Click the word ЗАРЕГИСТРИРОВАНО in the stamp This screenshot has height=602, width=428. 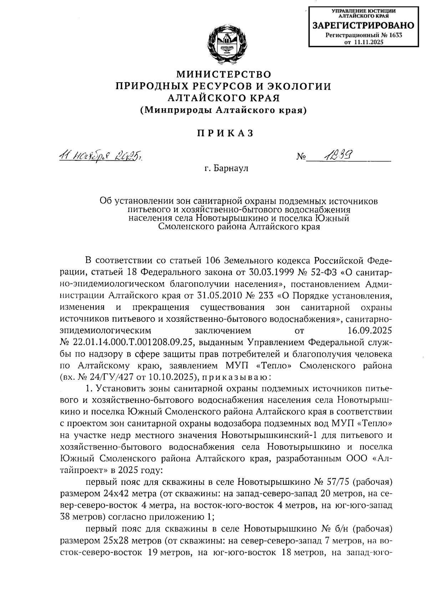(363, 26)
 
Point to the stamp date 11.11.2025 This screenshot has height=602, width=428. (368, 42)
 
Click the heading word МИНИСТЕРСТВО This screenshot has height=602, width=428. (224, 74)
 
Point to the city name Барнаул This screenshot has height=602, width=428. (231, 168)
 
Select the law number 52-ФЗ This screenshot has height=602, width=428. (319, 272)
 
